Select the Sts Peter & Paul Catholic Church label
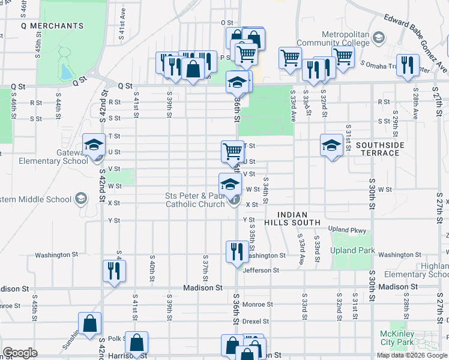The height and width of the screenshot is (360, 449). click(x=196, y=200)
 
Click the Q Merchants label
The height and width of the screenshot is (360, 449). click(x=52, y=26)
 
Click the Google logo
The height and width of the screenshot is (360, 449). click(x=20, y=353)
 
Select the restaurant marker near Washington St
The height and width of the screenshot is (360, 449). click(x=235, y=251)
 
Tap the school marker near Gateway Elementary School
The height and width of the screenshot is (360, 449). click(x=94, y=145)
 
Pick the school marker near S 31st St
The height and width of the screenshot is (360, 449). click(x=331, y=145)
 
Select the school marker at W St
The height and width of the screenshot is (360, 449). click(x=229, y=184)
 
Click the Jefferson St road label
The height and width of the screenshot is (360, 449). click(x=261, y=271)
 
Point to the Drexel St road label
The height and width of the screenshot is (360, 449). click(x=256, y=321)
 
